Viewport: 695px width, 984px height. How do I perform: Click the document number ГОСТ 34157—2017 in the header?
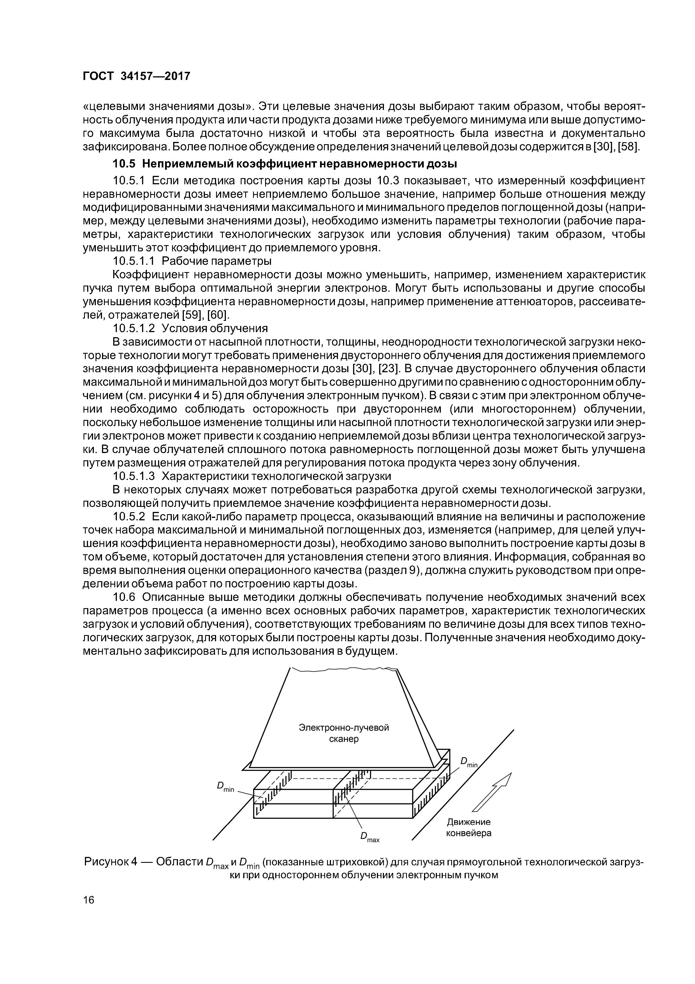pos(136,76)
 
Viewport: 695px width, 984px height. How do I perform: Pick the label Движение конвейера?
pos(469,827)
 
